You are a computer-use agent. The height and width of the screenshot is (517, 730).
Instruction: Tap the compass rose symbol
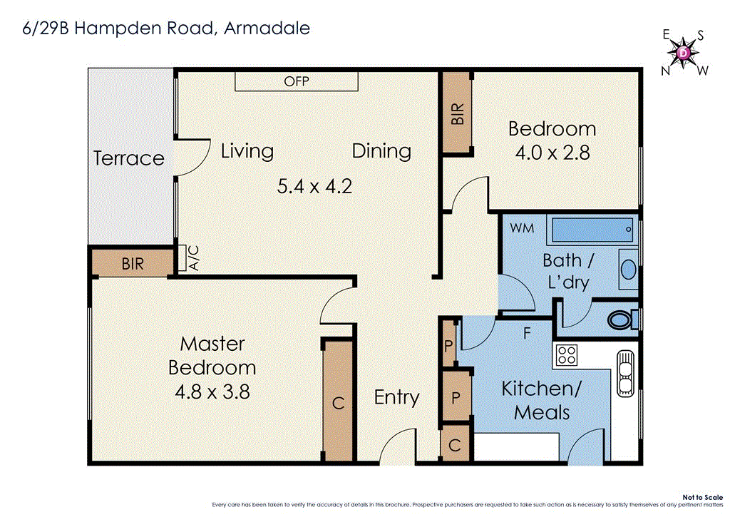point(683,53)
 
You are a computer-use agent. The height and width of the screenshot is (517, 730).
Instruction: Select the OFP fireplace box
point(297,81)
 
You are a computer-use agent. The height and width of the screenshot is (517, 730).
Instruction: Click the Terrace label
point(129,158)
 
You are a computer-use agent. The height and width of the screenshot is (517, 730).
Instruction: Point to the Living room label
point(247,151)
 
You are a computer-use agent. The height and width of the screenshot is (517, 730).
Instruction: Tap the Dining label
point(381,151)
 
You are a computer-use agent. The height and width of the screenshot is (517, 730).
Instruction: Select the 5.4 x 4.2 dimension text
point(314,187)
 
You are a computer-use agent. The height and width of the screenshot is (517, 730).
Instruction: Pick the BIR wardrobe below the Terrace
point(132,264)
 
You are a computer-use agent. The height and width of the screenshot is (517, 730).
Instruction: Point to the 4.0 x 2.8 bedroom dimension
point(552,153)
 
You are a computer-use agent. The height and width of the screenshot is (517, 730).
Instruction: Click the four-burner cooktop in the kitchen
point(566,354)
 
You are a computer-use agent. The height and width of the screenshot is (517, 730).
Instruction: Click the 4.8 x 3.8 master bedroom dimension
point(212,391)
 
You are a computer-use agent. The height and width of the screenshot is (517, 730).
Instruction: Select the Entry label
point(396,397)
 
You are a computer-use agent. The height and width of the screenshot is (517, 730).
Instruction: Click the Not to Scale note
point(701,497)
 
